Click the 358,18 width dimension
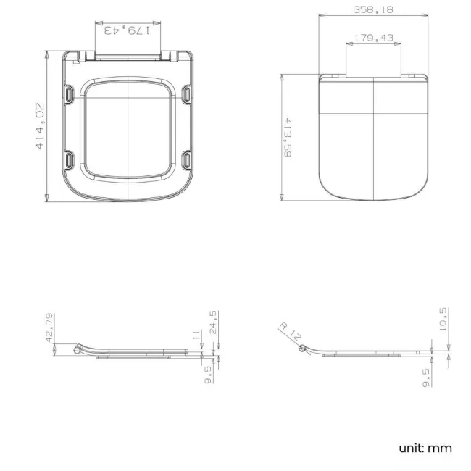coord(373,9)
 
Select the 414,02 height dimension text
coord(41,126)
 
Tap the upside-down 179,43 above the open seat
coord(128,30)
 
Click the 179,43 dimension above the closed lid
coord(373,38)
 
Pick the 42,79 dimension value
coord(50,328)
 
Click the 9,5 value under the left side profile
coord(208,374)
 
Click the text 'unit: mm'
coord(425,448)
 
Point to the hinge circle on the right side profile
coord(302,349)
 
